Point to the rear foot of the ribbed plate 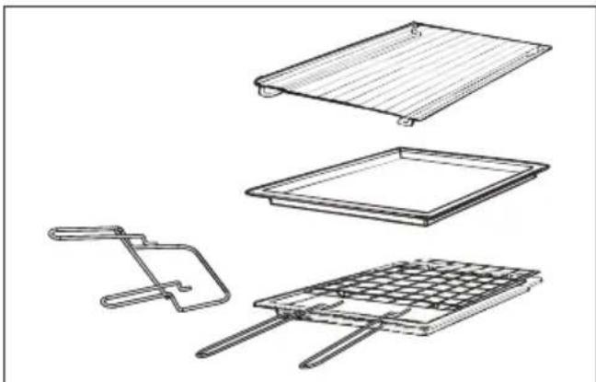[415, 30]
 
